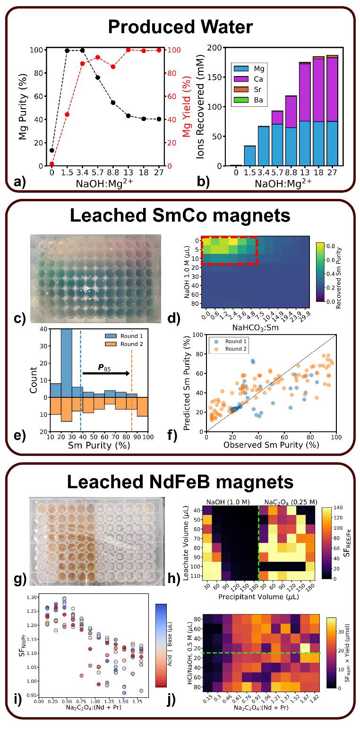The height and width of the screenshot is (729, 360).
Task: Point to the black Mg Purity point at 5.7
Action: click(x=98, y=77)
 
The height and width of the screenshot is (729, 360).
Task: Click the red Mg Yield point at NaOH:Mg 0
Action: click(x=52, y=164)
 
